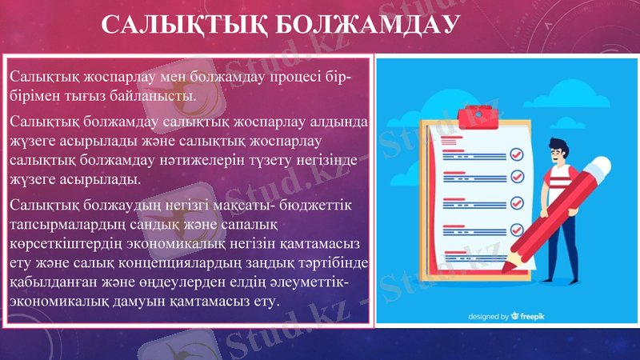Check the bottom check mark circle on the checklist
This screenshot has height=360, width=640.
tap(516, 230)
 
